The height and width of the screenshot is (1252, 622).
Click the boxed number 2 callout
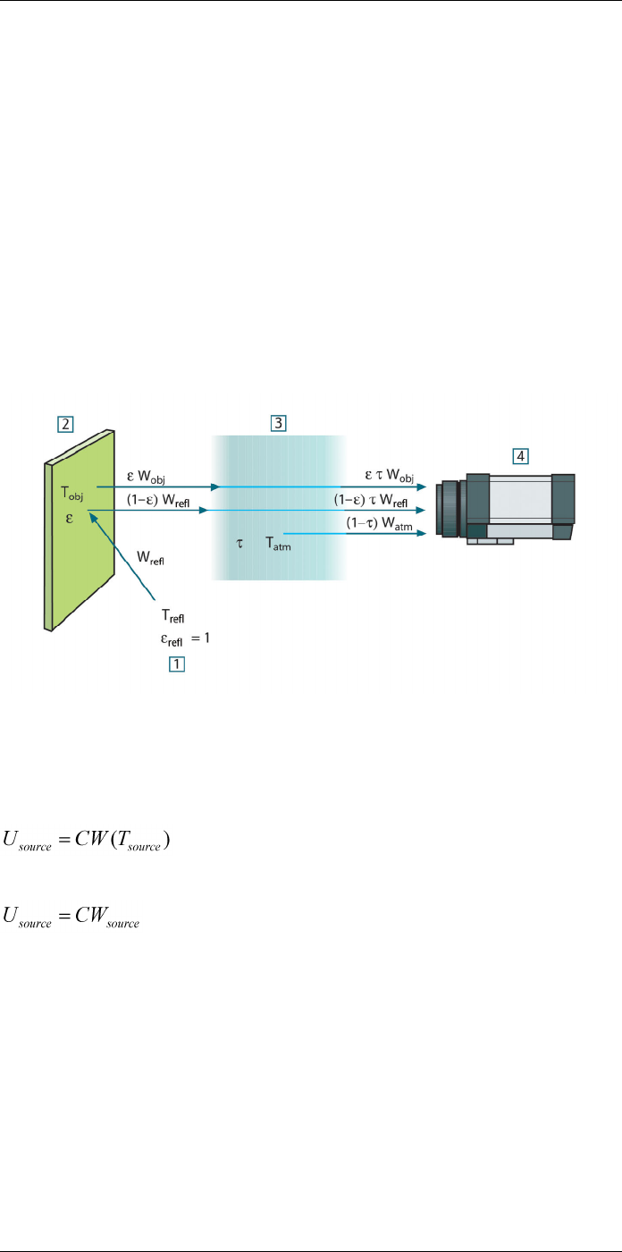point(65,424)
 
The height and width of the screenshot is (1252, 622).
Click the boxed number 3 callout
point(279,423)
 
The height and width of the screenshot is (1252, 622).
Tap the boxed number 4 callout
point(520,456)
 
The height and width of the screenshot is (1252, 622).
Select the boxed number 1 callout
point(176,664)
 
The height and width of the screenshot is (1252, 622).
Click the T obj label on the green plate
point(72,494)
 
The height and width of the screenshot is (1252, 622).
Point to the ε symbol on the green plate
point(69,519)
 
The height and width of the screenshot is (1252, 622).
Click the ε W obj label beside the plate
point(146,477)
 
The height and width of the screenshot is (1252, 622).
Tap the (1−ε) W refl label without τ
point(158,500)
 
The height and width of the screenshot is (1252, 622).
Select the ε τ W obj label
point(389,476)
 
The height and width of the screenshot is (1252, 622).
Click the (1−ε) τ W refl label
point(371,500)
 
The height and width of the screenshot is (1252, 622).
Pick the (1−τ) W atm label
point(379,524)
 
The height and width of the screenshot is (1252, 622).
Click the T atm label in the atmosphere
point(278,544)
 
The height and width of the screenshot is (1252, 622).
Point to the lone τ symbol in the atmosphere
point(240,544)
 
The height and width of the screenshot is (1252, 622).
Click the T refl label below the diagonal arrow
point(173,616)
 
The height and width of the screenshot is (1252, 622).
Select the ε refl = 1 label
point(185,639)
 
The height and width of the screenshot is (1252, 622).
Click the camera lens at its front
point(448,509)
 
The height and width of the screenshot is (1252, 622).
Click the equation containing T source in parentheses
point(86,841)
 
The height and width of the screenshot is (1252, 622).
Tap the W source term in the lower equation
point(107,918)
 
